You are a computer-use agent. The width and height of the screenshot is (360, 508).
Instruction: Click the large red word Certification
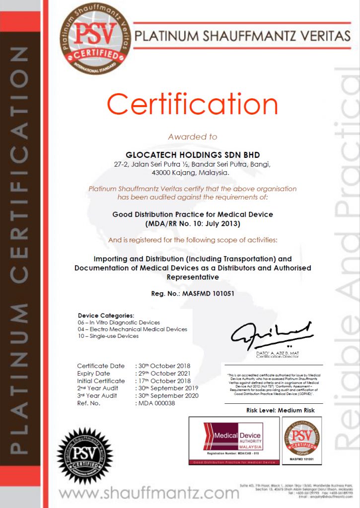pos(192,105)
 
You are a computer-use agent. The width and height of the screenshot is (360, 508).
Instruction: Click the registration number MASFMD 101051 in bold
pos(193,294)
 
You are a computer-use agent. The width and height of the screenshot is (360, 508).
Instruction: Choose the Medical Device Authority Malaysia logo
pos(234,440)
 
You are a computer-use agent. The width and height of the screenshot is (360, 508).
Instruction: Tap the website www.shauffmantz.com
pos(149,493)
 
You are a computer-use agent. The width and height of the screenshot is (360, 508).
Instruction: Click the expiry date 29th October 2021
pos(164,374)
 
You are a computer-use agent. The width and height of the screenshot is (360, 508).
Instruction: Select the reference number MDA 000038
pos(156,403)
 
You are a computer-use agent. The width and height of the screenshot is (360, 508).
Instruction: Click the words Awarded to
pos(192,136)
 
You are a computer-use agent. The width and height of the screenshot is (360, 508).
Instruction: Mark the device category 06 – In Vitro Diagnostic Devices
pos(119,322)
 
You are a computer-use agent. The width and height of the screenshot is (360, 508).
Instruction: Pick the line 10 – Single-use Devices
pos(108,336)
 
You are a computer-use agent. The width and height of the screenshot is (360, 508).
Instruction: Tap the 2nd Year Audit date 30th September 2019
pos(168,388)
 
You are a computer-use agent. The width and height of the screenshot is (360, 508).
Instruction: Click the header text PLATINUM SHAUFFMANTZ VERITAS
pos(242,36)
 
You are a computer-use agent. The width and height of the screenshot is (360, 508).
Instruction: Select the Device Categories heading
pos(106,316)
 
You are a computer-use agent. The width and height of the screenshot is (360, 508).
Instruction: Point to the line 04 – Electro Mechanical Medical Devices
pos(133,329)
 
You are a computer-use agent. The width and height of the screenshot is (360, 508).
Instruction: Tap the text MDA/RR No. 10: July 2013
pos(193,224)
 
